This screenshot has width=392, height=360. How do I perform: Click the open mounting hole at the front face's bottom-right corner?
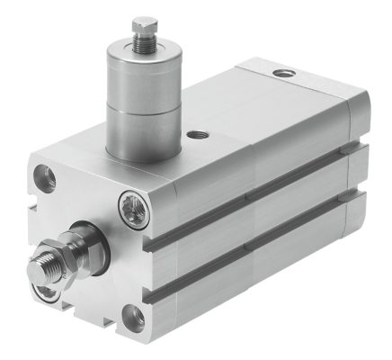tap(133, 314)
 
